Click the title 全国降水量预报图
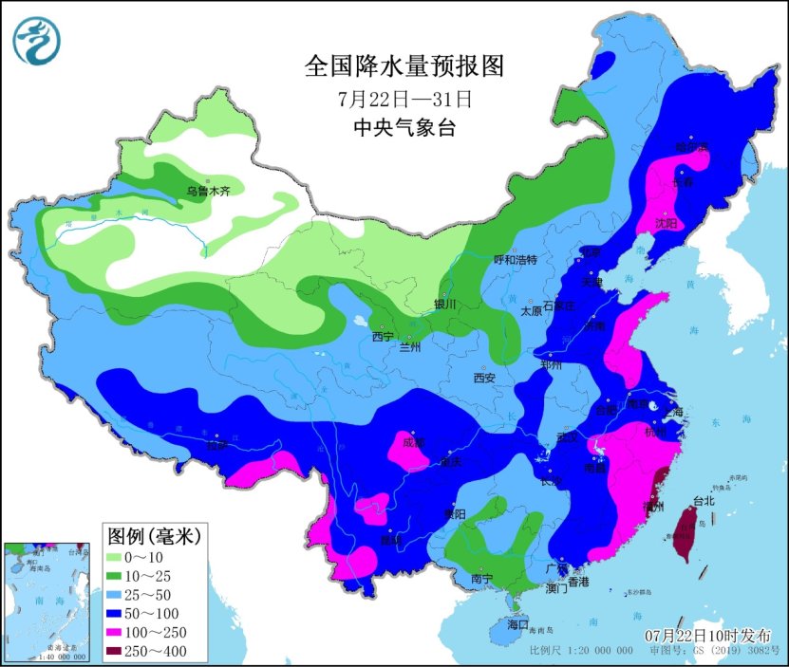pos(404,66)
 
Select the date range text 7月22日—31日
pos(404,98)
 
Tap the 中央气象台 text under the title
pos(404,128)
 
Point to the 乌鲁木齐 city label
pos(208,191)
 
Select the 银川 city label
pos(445,305)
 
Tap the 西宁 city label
pos(383,336)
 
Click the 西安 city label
pos(484,378)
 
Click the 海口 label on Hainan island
pos(517,625)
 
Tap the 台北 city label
pos(703,500)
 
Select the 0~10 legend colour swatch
pos(121,557)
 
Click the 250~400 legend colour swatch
pos(121,651)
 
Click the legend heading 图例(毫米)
pos(154,537)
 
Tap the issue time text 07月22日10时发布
pos(707,635)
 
